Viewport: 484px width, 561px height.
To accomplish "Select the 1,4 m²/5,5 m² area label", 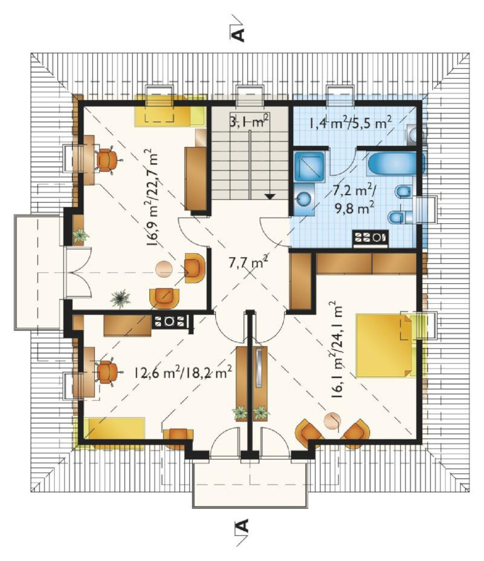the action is (x=350, y=123).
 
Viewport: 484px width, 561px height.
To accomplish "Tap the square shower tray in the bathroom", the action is (x=310, y=166).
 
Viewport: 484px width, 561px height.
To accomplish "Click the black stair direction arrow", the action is (x=270, y=196).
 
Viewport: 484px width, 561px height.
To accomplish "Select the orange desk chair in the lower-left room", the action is (x=107, y=372).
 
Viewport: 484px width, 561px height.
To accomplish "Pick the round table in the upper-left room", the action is (x=164, y=268).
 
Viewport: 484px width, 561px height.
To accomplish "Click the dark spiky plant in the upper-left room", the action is (x=120, y=299).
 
